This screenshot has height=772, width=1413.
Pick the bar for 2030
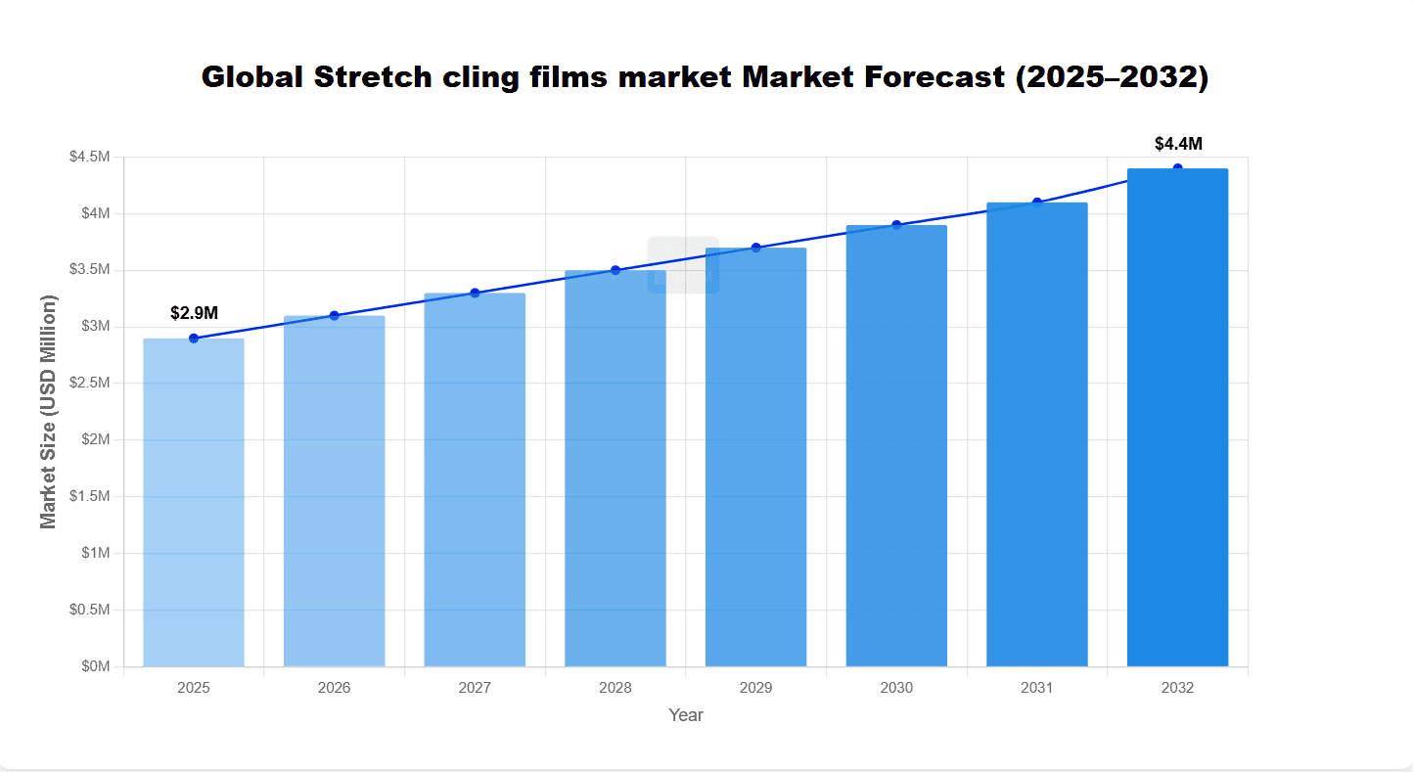896,445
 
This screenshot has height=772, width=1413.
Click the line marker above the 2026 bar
334,315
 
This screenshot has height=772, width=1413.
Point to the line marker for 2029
755,248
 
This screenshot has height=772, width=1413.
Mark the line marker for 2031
1037,203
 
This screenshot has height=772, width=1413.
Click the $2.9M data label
194,313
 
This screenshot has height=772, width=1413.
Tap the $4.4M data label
1178,144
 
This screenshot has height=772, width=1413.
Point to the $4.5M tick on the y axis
90,158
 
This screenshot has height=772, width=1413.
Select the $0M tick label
95,666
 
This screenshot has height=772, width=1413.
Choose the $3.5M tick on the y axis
90,270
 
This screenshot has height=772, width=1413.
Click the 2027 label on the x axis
475,688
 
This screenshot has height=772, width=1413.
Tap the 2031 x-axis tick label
1037,688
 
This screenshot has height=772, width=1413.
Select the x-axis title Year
686,715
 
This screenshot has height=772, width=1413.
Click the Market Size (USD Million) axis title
49,411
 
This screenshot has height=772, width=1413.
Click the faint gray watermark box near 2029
683,264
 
